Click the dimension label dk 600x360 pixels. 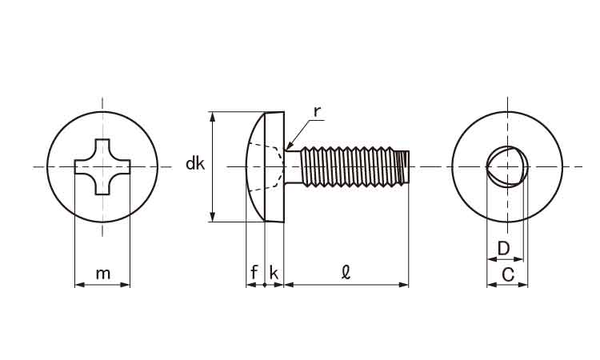(195, 164)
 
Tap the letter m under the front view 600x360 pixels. (103, 274)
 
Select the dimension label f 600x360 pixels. (254, 272)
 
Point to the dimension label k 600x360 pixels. (274, 272)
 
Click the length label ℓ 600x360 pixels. (346, 272)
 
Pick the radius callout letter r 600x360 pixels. (317, 112)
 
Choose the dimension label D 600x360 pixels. (504, 249)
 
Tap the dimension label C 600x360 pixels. (508, 274)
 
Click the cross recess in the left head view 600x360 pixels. (102, 167)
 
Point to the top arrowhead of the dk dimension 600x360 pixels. (213, 117)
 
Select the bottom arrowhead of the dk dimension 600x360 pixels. (213, 217)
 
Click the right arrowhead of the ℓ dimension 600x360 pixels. (404, 285)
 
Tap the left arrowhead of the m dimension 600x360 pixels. (79, 285)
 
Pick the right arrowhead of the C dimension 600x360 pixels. (523, 285)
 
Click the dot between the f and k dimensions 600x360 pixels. (265, 285)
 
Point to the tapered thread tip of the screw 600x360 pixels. (402, 167)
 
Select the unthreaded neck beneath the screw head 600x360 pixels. (293, 167)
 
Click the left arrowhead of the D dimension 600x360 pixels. (492, 259)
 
